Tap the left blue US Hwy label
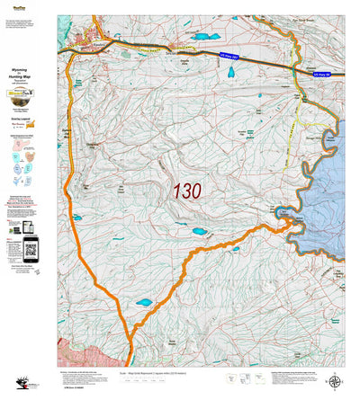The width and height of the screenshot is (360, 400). point(232,58)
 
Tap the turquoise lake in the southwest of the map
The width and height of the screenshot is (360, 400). point(144,303)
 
